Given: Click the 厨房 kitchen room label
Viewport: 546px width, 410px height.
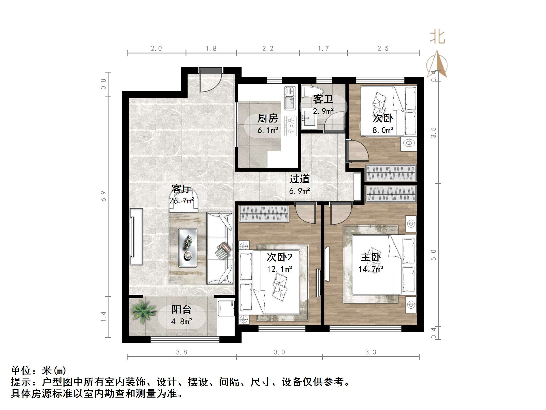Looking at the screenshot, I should [x=268, y=118].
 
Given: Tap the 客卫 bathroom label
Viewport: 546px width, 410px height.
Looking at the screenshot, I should [x=323, y=99].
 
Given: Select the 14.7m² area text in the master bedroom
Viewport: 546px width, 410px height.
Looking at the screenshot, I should [x=371, y=269].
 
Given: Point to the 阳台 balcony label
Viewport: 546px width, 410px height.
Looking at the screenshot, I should [x=182, y=310].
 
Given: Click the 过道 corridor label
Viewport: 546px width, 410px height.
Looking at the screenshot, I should [x=299, y=179].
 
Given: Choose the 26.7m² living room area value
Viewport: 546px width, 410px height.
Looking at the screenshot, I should [x=181, y=201].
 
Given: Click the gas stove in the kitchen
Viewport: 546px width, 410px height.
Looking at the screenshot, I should [x=290, y=126].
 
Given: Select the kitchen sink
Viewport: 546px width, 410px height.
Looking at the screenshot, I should [x=290, y=98].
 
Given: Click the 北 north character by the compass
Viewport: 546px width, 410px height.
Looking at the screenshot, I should [x=437, y=38].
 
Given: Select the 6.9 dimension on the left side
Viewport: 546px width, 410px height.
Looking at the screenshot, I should [x=104, y=196].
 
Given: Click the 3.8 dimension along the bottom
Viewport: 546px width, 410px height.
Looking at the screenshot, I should [x=182, y=352].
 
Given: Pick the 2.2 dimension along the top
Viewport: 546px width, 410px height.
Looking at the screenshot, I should [x=268, y=49].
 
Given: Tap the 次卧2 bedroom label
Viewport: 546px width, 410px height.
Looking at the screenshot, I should [x=279, y=257].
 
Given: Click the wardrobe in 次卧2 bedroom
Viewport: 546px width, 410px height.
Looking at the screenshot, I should [x=264, y=214].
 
